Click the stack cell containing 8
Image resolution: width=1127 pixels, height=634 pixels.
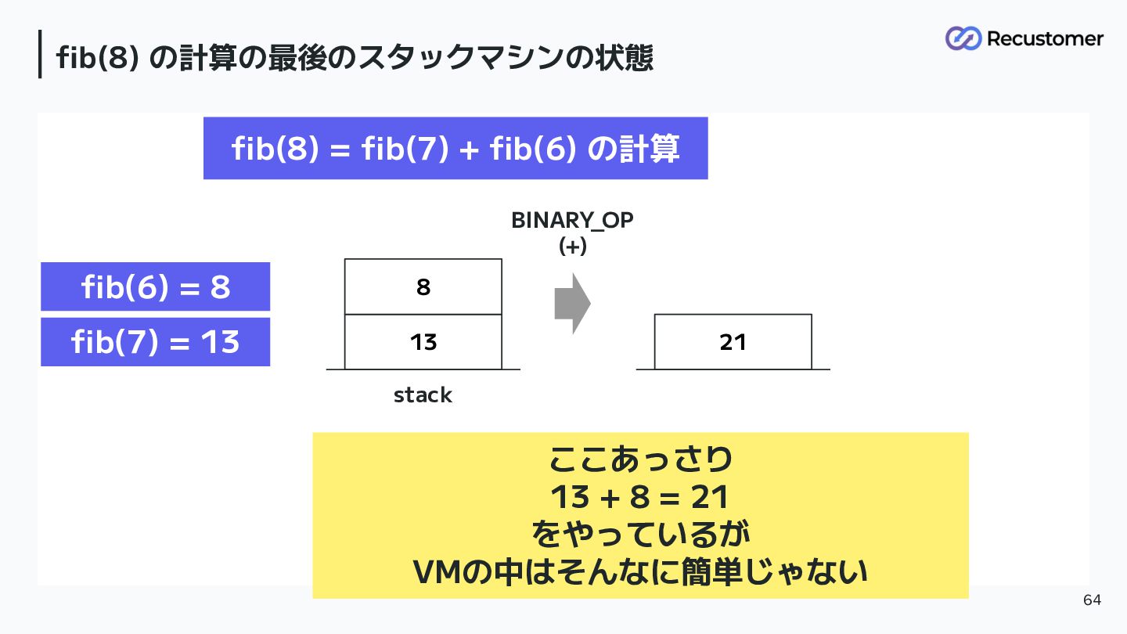(x=423, y=286)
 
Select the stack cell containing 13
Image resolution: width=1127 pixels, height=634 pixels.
(x=423, y=342)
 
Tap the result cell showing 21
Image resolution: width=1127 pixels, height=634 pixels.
(x=733, y=342)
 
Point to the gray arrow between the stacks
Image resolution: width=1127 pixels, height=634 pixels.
(x=573, y=304)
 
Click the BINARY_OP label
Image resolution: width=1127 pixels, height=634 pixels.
(x=573, y=221)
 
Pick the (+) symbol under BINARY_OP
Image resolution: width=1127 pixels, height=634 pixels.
(x=573, y=247)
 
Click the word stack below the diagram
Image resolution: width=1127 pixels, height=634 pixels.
(x=423, y=395)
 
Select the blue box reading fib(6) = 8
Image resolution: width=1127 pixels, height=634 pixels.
(x=156, y=286)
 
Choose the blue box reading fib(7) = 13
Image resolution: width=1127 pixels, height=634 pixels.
(x=156, y=342)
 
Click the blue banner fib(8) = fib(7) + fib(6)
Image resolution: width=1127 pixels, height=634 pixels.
(x=455, y=149)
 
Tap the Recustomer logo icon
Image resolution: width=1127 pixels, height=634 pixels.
(x=963, y=38)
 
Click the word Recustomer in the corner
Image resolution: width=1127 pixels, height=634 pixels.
(x=1046, y=39)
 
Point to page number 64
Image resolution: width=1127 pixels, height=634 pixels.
(x=1093, y=600)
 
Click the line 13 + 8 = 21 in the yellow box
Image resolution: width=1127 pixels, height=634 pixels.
(x=640, y=497)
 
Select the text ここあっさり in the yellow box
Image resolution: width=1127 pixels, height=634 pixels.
(x=640, y=459)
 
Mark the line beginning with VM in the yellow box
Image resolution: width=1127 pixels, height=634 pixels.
(x=640, y=572)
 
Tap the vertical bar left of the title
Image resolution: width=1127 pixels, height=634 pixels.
(x=40, y=54)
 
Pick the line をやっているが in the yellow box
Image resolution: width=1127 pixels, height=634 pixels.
(x=640, y=535)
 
